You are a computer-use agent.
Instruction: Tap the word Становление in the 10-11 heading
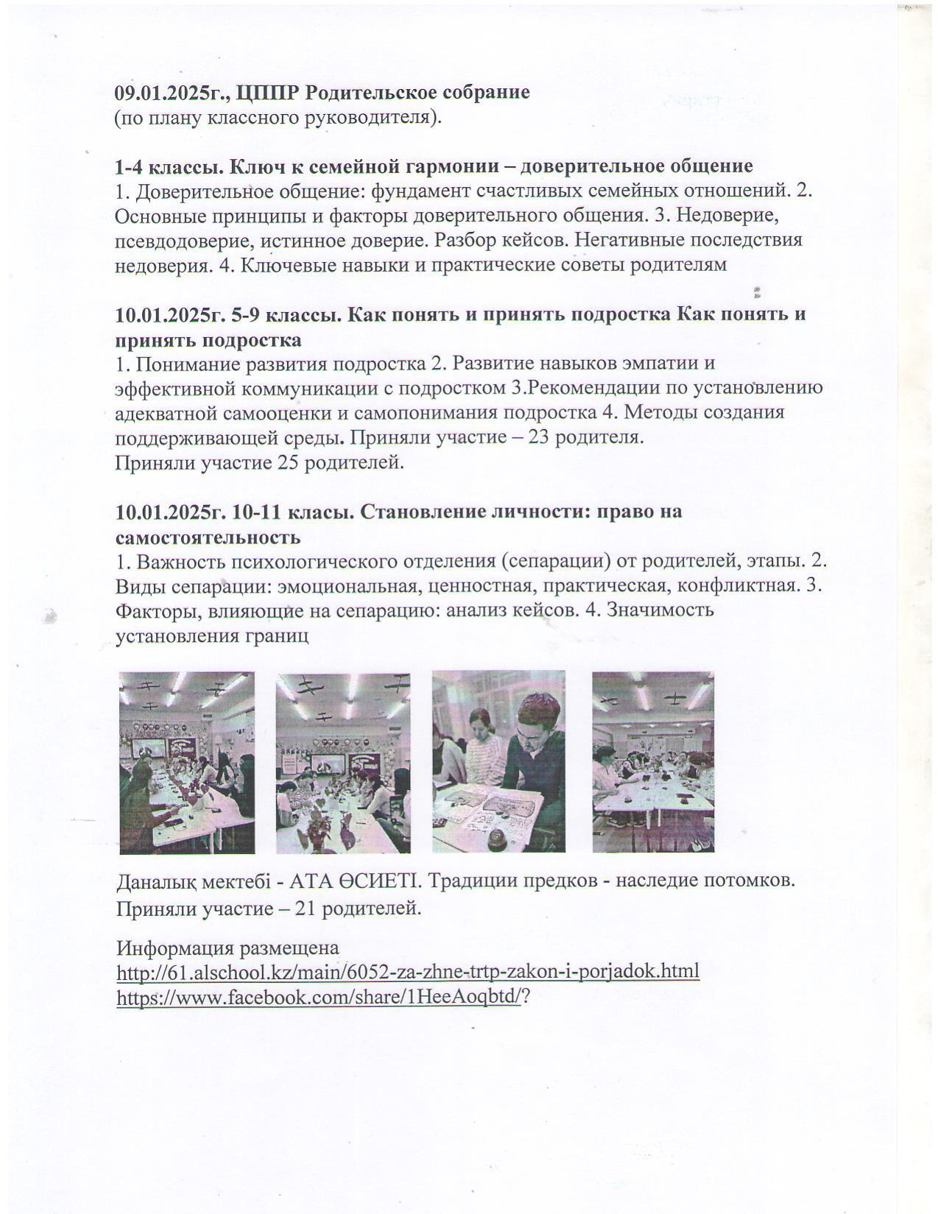(411, 512)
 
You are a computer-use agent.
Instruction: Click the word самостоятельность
(208, 537)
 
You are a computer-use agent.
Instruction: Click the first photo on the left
(187, 761)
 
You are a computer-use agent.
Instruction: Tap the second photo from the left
(343, 761)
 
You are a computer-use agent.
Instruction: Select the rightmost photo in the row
(653, 761)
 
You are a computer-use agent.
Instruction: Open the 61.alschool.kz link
(408, 972)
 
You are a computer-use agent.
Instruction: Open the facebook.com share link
(320, 997)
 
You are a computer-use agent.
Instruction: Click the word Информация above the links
(172, 947)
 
